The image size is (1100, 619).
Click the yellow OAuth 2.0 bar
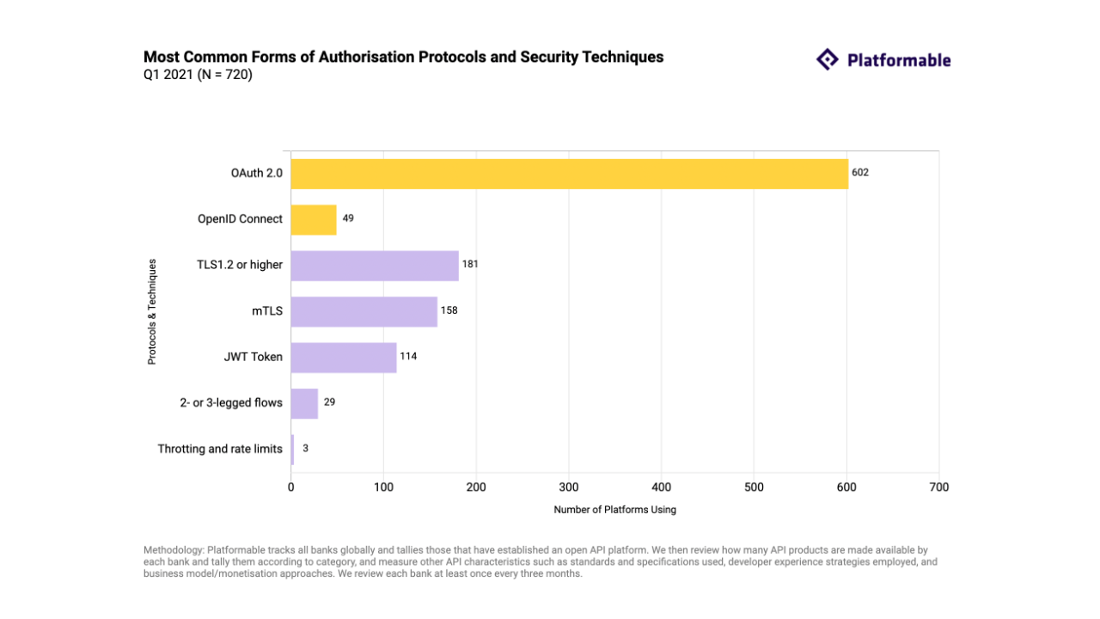pos(569,173)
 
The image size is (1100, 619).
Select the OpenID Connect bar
pos(314,219)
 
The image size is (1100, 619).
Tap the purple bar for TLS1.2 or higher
pos(375,265)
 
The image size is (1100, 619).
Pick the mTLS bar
pos(364,311)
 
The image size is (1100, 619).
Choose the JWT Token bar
pos(344,357)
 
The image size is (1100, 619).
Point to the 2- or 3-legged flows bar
pos(304,403)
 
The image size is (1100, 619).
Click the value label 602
pos(860,172)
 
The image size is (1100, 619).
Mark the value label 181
pos(470,264)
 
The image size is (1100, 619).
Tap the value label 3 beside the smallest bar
pos(305,448)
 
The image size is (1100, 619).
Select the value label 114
pos(408,356)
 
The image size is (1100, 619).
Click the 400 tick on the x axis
pos(661,487)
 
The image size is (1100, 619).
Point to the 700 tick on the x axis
pos(939,487)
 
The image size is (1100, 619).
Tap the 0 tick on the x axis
pos(290,487)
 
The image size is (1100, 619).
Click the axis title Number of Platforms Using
pos(614,510)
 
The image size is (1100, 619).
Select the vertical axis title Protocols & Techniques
pos(152,311)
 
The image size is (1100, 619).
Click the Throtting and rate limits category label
pos(220,449)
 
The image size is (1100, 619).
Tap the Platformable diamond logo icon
pos(827,59)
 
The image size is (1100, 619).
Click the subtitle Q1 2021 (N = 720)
pos(198,75)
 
